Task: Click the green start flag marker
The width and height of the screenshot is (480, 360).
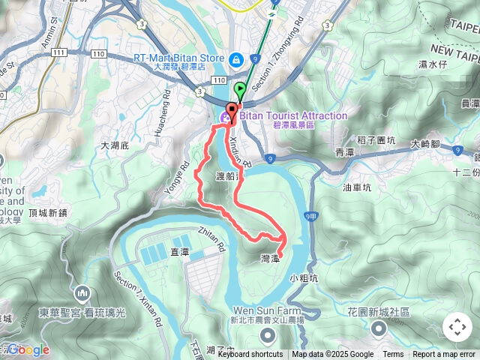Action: point(240,91)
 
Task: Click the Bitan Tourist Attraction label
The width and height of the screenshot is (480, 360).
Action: point(294,116)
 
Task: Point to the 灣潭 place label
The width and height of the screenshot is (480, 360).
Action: point(270,258)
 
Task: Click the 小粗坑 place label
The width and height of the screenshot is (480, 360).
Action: point(304,277)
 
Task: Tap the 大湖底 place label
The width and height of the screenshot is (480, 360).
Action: point(115,145)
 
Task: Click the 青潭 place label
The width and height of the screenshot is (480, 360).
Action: point(344,152)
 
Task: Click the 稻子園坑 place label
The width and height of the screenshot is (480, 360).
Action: point(376,139)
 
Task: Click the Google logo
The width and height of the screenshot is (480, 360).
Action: point(28,349)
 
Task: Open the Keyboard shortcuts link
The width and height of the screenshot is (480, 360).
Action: point(250,355)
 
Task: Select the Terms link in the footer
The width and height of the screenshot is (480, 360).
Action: point(393,355)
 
